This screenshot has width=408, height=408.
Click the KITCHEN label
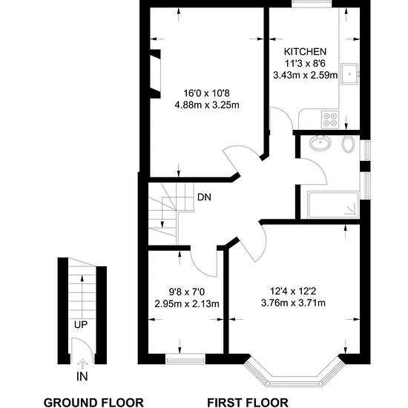coord(305,51)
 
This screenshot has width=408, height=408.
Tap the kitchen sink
coord(349,74)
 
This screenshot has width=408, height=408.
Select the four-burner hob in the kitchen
coord(330,119)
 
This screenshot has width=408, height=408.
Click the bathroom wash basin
coord(320,143)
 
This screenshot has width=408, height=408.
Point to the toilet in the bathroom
coord(348,144)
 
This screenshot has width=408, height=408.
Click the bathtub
coord(334,205)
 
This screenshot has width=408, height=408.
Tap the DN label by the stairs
coord(204,197)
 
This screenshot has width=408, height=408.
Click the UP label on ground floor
coord(81,325)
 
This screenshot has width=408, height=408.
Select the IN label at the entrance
coord(82,376)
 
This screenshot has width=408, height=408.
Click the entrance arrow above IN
coord(82,364)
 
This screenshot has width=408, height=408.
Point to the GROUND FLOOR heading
coord(93,403)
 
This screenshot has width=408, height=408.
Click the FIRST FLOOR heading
coord(248,403)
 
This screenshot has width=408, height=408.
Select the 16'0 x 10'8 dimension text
coord(207,93)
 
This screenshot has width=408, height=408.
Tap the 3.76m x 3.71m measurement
coord(293,303)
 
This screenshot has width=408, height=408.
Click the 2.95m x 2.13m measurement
coord(187,303)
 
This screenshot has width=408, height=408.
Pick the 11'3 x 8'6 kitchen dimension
coord(305,63)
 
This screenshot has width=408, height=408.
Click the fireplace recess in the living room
coord(155,74)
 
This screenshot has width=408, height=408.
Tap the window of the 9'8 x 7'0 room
coord(185,359)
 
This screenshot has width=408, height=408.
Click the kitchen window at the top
coord(312,4)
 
